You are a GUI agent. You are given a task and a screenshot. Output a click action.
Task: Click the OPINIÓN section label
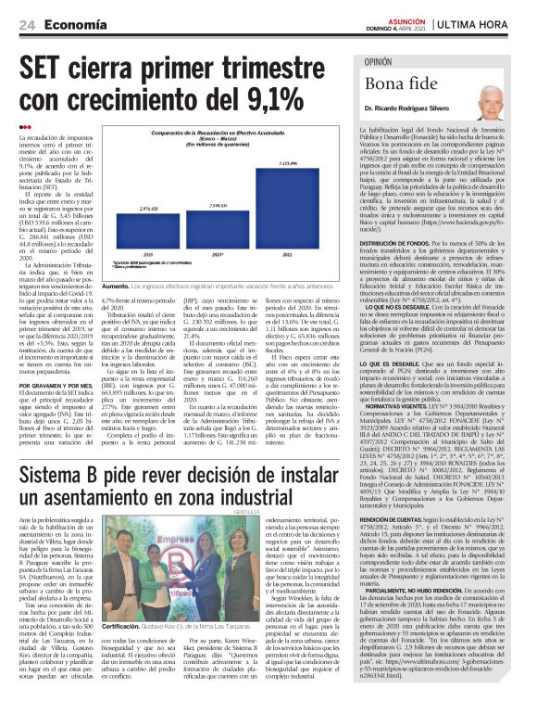coord(377,61)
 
